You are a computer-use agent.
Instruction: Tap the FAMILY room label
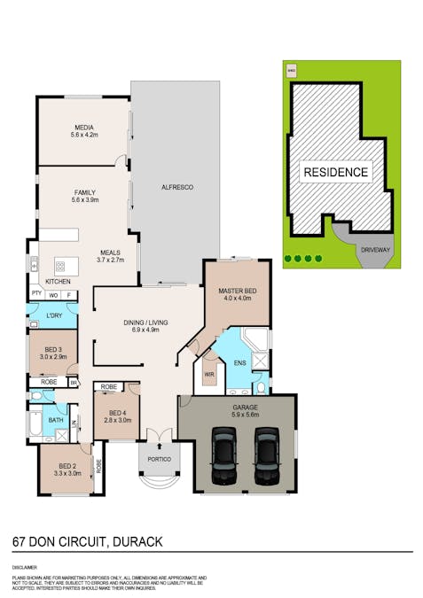pos(85,192)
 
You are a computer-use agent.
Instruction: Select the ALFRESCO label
pos(176,188)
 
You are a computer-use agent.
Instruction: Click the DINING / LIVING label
pos(145,322)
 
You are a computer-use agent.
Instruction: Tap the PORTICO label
pos(160,459)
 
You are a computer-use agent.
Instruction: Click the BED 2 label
pos(69,466)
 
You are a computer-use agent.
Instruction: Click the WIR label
pos(209,375)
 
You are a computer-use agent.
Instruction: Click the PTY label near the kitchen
pos(36,292)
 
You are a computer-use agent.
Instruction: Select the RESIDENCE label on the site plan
pos(336,172)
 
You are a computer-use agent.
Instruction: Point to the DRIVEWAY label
pos(375,250)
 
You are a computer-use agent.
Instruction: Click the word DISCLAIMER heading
pos(24,565)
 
